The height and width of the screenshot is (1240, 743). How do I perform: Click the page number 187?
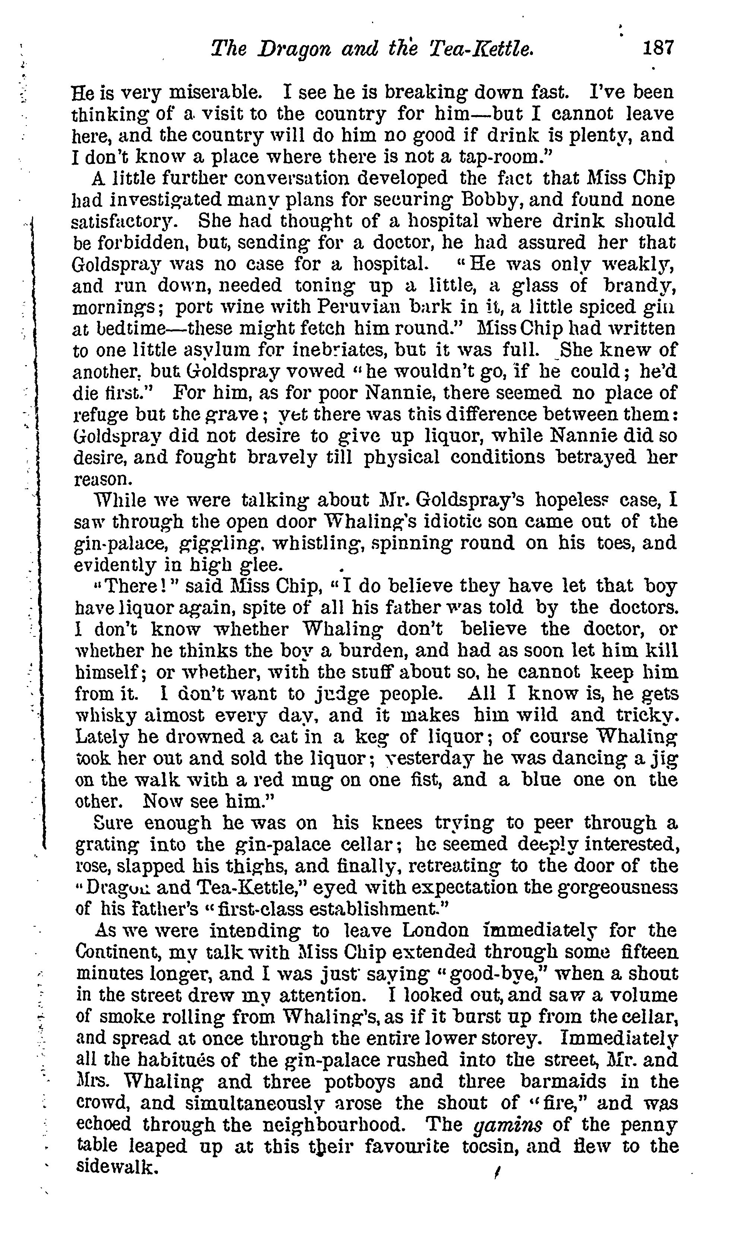pos(658,48)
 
